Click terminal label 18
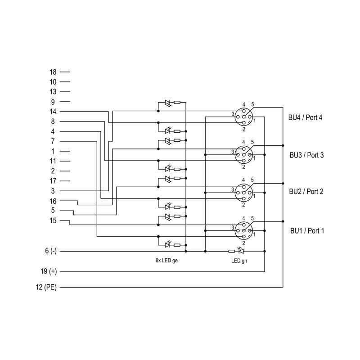coord(53,72)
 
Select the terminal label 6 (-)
coord(51,251)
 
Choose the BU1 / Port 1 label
coord(307,230)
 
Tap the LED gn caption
coord(238,261)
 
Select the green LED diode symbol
coord(240,251)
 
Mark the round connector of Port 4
coord(243,117)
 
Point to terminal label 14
coord(53,112)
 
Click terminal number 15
coord(53,220)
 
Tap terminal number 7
coord(53,141)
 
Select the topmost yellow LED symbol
coord(168,103)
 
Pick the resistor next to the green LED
coord(231,251)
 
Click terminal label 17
coord(53,181)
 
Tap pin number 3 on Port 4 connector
coord(233,114)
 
